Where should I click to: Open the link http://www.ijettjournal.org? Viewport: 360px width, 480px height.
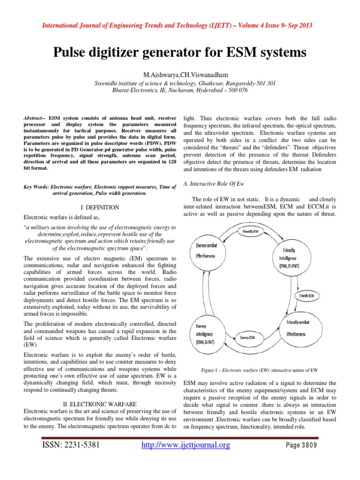coord(186,445)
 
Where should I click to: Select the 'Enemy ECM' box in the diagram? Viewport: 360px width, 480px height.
coord(248,337)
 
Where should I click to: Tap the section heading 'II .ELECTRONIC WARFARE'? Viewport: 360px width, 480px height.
coord(100,404)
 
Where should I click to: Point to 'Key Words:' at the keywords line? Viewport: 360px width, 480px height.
coord(36,187)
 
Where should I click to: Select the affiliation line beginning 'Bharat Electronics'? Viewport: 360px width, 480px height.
coord(180,90)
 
